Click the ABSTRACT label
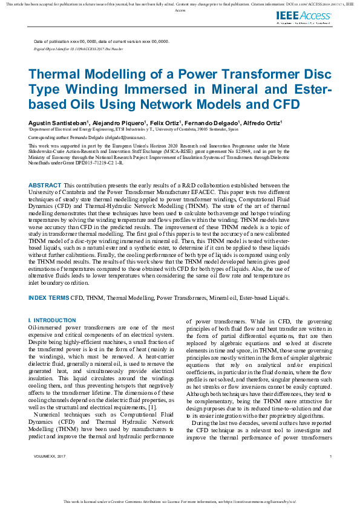coord(45,184)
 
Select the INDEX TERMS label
coord(48,297)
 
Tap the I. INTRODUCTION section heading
coord(52,320)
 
